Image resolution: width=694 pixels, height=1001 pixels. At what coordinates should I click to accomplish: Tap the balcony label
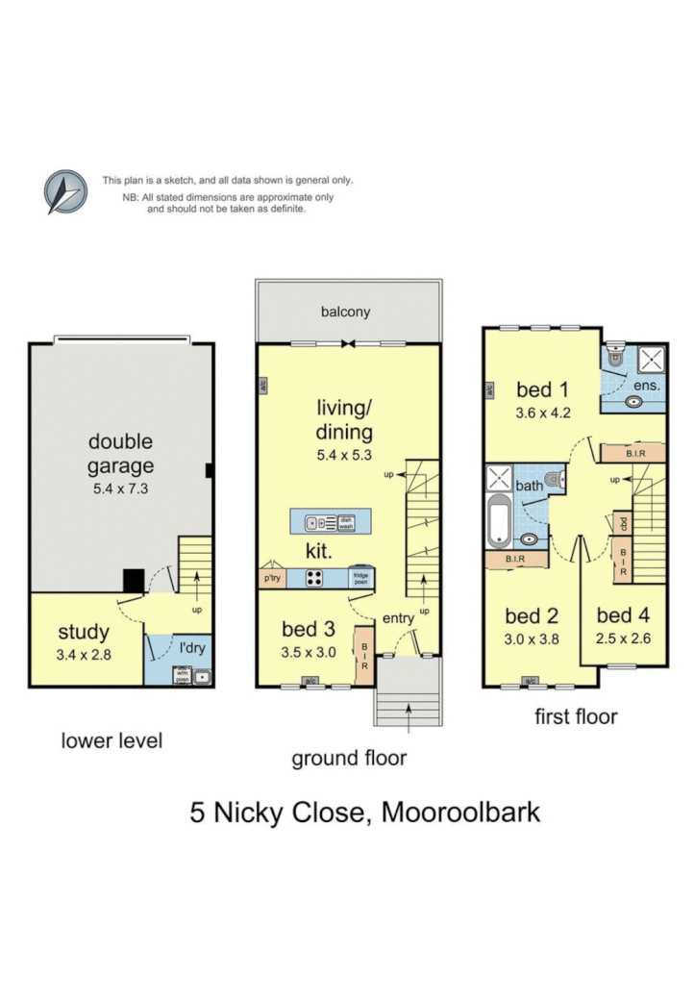pos(346,312)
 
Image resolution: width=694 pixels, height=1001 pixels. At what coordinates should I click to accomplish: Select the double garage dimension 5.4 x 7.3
pos(120,488)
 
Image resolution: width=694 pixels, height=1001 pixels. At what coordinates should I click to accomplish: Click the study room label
pos(84,632)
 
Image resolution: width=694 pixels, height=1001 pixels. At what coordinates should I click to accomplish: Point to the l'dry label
pos(192,647)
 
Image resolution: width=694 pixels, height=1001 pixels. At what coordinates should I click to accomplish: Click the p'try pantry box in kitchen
pos(271,579)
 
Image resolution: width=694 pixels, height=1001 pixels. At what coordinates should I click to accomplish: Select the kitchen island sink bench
pos(331,523)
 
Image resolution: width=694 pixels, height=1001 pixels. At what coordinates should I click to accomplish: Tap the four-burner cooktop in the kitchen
pos(314,579)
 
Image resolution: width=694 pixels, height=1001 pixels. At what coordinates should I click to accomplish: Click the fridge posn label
pos(360,579)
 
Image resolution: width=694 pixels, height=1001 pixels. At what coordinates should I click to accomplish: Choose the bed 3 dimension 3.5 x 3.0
pos(308,651)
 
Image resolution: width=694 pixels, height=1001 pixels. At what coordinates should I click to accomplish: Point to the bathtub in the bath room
pos(499,524)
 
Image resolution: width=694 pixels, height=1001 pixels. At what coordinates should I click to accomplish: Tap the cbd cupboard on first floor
pos(623,524)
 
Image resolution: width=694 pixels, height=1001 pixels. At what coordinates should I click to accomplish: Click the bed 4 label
pos(622,615)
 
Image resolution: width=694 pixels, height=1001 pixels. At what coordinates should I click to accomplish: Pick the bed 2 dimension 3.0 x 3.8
pos(532,638)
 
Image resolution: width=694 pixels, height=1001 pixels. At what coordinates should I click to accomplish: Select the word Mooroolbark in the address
pos(461,812)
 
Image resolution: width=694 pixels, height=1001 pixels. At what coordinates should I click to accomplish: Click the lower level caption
pos(112,740)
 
